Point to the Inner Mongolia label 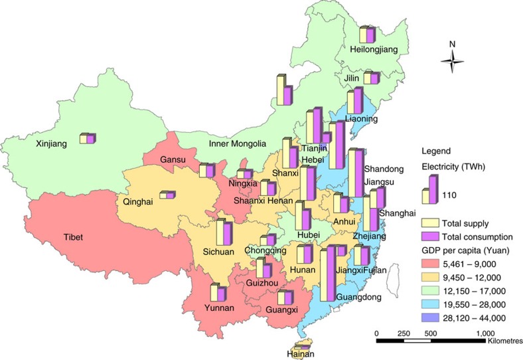pos(238,143)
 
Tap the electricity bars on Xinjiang pos(88,138)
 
